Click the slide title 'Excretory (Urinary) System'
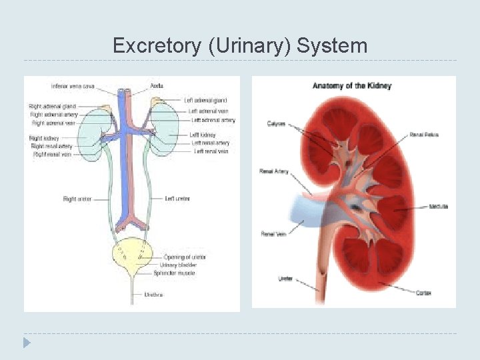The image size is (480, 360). pos(240,45)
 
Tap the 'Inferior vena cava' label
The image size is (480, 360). pos(73,86)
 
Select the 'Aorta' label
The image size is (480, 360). pos(157,86)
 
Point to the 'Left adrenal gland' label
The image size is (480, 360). pos(206,100)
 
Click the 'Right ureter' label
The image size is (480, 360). pos(77,199)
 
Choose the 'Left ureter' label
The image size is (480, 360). pos(177,199)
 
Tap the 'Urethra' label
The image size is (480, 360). pos(153,294)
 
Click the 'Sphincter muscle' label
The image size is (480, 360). pos(174,273)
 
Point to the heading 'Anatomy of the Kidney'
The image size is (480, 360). pos(352,86)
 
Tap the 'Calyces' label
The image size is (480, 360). pos(277,123)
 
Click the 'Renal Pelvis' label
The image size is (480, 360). pos(424,135)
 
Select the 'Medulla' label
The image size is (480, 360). pos(439,207)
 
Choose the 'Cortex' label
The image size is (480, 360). pos(423,293)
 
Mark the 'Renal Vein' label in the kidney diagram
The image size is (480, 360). pos(273,234)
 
